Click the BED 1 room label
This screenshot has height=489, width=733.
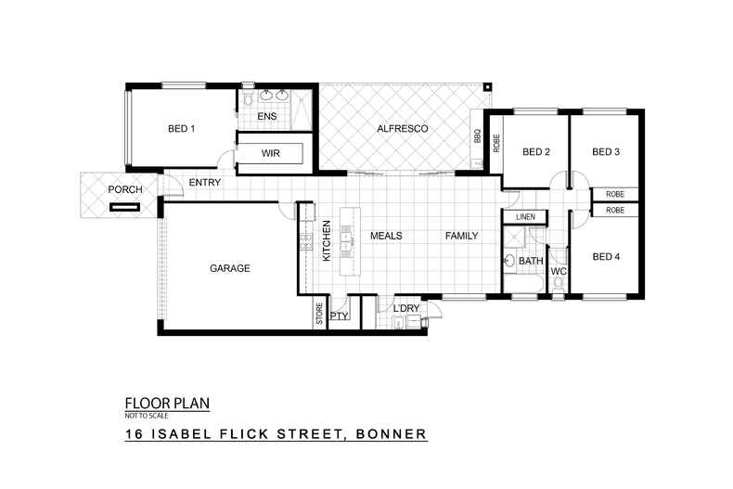pyautogui.click(x=181, y=128)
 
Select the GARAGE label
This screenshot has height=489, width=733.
pyautogui.click(x=230, y=268)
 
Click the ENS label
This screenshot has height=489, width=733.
pyautogui.click(x=267, y=116)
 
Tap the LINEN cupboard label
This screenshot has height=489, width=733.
pyautogui.click(x=526, y=217)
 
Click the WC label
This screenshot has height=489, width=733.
pyautogui.click(x=559, y=272)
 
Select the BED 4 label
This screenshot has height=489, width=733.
pyautogui.click(x=605, y=257)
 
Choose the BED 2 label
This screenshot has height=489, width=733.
pyautogui.click(x=536, y=152)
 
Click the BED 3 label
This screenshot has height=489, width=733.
pyautogui.click(x=605, y=152)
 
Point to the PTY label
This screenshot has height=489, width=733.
pyautogui.click(x=339, y=316)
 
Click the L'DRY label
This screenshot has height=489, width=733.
pyautogui.click(x=407, y=308)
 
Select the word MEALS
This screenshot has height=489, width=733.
pyautogui.click(x=386, y=236)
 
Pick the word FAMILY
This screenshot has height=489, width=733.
pyautogui.click(x=460, y=236)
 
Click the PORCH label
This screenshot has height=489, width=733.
pyautogui.click(x=125, y=190)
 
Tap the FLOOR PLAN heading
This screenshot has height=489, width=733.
pyautogui.click(x=167, y=403)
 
